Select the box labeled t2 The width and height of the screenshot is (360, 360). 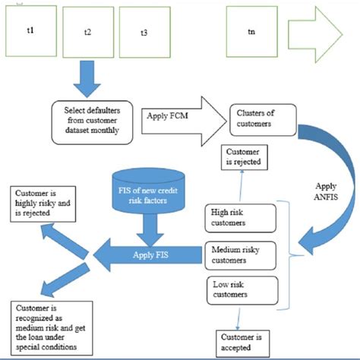(87, 33)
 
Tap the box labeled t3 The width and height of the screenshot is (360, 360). (144, 33)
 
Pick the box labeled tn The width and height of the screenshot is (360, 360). (251, 32)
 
